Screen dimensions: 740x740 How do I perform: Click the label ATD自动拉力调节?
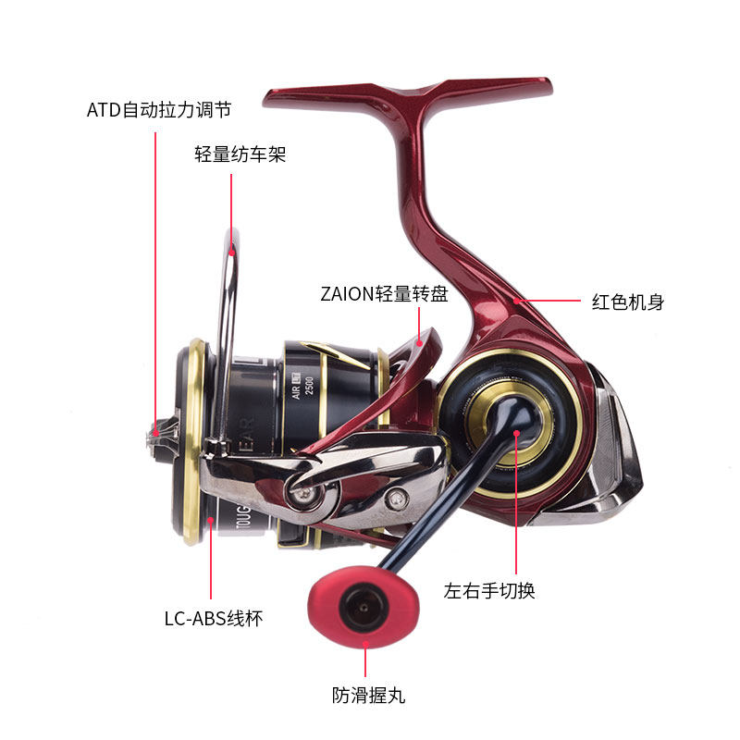[158, 110]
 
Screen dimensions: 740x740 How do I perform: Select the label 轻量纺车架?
[240, 154]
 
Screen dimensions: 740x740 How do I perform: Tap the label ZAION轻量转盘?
[384, 294]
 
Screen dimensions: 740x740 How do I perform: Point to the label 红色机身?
[627, 302]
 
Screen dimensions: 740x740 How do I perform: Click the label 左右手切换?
[489, 590]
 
